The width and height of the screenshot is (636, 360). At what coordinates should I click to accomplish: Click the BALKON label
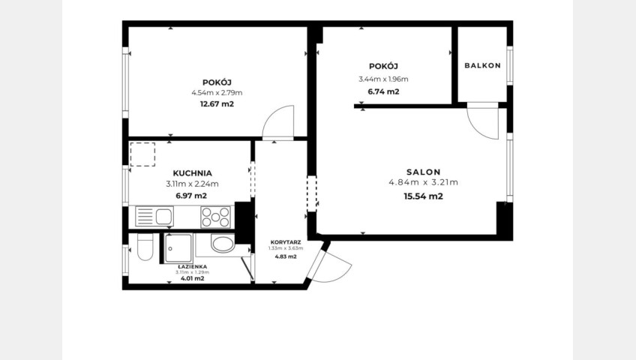482,66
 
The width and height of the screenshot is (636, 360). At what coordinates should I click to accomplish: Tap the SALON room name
424,172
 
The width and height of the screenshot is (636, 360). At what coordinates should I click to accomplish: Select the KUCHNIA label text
192,173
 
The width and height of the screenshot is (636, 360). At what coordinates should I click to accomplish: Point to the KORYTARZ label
286,242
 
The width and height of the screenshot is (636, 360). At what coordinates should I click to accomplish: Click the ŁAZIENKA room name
192,267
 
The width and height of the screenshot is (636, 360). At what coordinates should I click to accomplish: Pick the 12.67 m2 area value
217,103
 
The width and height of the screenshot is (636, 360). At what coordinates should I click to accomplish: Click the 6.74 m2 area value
383,91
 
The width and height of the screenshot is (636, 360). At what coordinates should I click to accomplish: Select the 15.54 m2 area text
424,196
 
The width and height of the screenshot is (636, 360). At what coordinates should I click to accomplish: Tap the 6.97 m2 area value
191,196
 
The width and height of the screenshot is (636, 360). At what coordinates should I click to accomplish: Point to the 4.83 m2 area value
286,256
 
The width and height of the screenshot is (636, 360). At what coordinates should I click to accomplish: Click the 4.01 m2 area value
192,278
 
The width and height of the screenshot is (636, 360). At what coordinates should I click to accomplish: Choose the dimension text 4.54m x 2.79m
217,93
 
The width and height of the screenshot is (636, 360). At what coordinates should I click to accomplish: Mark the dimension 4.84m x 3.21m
424,182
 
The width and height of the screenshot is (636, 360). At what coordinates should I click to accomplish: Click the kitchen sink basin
163,217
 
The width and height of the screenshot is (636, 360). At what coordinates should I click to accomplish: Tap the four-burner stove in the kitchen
215,217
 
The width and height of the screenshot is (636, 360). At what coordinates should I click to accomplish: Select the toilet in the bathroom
145,247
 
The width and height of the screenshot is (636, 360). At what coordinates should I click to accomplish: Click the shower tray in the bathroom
178,248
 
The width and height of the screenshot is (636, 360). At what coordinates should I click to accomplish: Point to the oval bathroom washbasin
223,244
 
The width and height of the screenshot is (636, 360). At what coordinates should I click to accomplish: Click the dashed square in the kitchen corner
142,154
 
